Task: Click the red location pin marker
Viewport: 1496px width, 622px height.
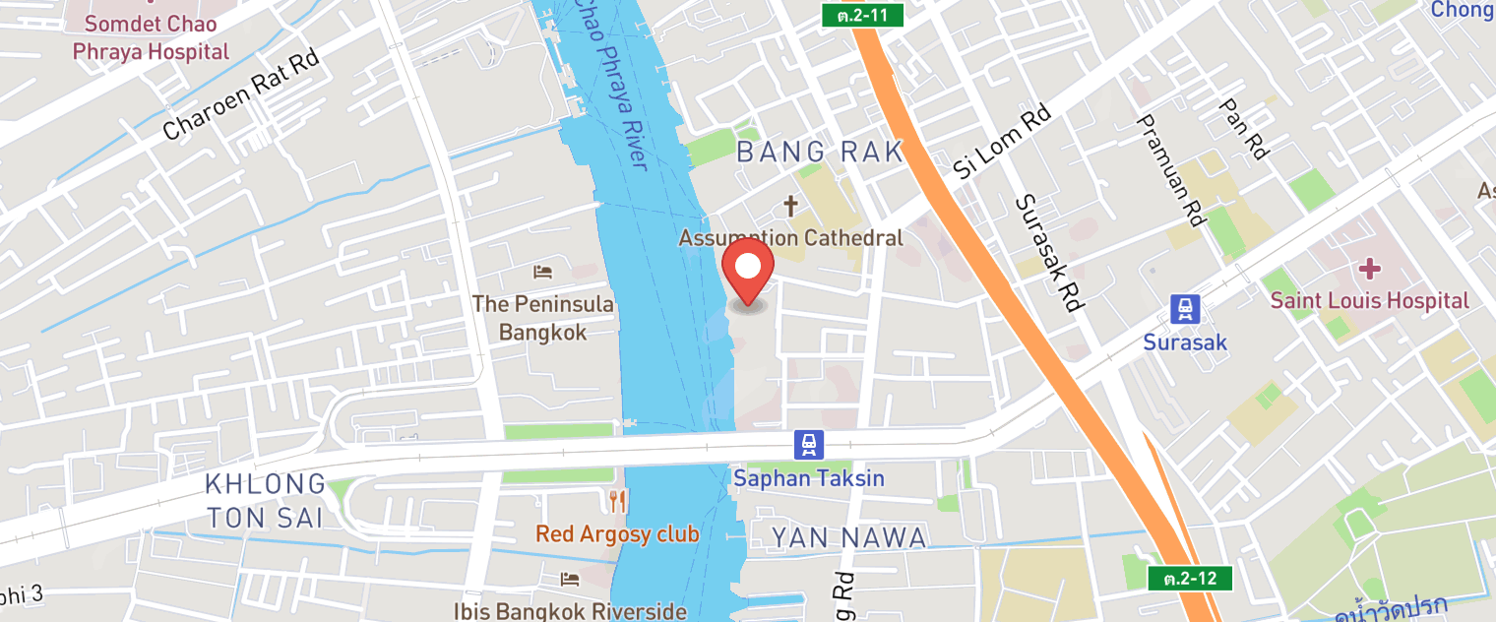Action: [x=748, y=269]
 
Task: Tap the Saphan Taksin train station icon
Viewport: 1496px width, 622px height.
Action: [x=808, y=445]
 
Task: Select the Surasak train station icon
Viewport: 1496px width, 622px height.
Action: [x=1185, y=309]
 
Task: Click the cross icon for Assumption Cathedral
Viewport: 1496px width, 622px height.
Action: [x=790, y=207]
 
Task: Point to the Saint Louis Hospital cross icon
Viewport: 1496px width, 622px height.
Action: [x=1369, y=269]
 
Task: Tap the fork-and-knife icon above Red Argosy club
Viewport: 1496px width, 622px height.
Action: [x=617, y=502]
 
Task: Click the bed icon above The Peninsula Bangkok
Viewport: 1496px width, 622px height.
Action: [x=542, y=272]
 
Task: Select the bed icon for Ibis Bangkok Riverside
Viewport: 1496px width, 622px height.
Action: [x=570, y=580]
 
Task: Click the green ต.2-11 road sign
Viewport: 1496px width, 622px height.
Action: [x=862, y=15]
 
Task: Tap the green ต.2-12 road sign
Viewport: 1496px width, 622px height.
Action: [x=1190, y=578]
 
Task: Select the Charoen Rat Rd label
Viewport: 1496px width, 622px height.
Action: [x=242, y=95]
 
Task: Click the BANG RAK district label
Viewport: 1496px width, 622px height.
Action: [x=819, y=152]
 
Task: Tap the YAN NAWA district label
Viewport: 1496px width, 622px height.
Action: [x=847, y=537]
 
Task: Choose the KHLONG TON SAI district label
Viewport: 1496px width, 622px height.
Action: [x=265, y=500]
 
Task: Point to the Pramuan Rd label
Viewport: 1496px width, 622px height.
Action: [x=1171, y=170]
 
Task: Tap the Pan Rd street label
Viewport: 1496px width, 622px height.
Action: [x=1242, y=128]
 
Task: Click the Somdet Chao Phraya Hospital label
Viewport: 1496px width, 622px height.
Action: [x=156, y=36]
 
